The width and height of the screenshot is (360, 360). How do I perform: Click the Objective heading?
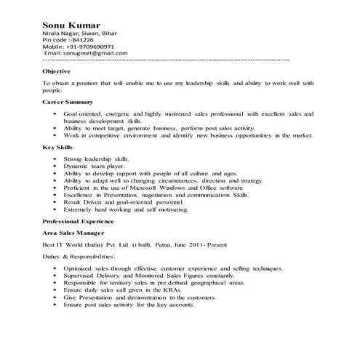(x=56, y=72)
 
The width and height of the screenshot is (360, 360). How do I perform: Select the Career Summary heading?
(x=67, y=102)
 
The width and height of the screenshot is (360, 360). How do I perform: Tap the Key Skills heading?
(x=57, y=147)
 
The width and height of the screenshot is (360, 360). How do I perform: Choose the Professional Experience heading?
(x=78, y=220)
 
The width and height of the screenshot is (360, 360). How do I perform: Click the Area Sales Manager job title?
(x=73, y=232)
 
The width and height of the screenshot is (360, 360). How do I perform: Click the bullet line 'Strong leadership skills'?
(x=95, y=159)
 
